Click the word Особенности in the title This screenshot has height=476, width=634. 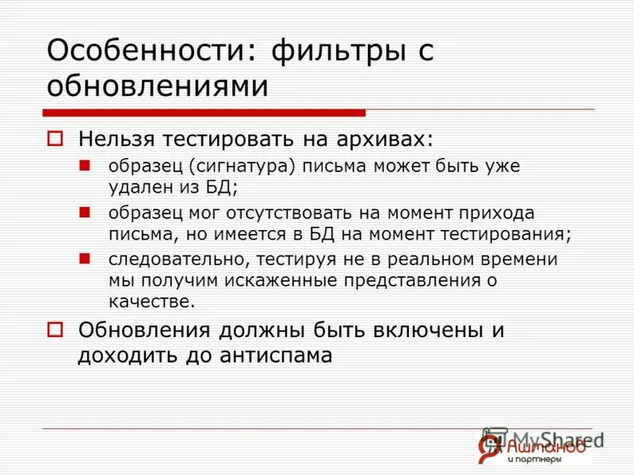tap(147, 52)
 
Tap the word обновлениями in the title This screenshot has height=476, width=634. tap(158, 86)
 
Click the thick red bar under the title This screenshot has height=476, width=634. tap(204, 113)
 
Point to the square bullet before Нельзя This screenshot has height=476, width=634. tap(55, 139)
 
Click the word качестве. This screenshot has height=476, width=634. tap(151, 301)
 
